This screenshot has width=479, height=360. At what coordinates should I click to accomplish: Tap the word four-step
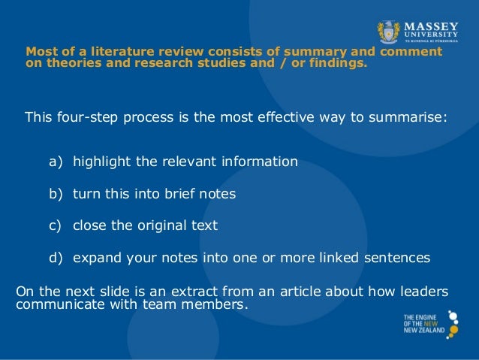tap(84, 117)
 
